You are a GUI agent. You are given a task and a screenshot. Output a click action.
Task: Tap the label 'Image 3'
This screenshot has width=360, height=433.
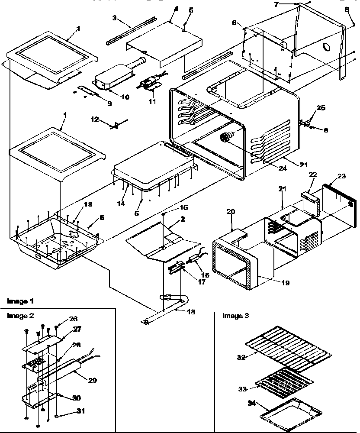click(x=235, y=316)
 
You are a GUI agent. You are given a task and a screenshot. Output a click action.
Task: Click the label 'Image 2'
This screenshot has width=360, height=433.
click(x=20, y=316)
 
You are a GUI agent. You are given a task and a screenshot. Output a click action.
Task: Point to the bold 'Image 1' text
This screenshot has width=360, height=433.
click(x=20, y=301)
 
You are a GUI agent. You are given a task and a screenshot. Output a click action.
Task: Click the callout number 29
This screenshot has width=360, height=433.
click(x=92, y=381)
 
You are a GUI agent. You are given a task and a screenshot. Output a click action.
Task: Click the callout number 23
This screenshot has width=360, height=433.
click(x=342, y=176)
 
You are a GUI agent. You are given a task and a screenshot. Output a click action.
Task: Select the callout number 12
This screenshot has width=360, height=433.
click(x=94, y=118)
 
